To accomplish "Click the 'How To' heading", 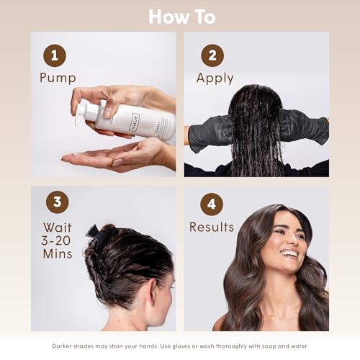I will [181, 16].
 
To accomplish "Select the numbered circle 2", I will [212, 55].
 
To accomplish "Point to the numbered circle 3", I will [58, 202].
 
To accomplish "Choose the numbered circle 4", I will [211, 203].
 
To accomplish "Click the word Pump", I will [57, 78].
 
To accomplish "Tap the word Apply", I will [215, 78].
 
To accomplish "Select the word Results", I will [211, 227].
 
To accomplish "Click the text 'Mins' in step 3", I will [57, 253].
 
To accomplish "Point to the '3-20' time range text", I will [57, 240].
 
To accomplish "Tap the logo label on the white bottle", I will [134, 124].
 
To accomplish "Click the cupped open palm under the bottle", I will [108, 155].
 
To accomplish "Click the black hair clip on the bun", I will [98, 235].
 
